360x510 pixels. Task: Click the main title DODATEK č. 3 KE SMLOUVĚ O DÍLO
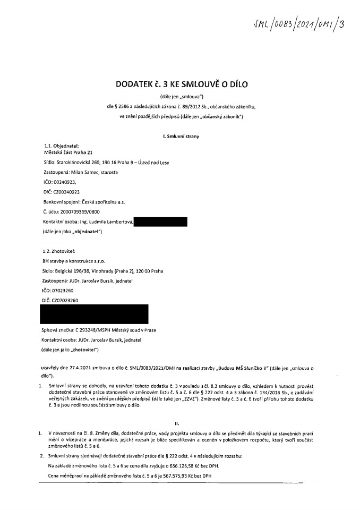click(182, 84)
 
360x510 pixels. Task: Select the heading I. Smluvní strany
click(182, 137)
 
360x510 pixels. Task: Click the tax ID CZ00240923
click(67, 191)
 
